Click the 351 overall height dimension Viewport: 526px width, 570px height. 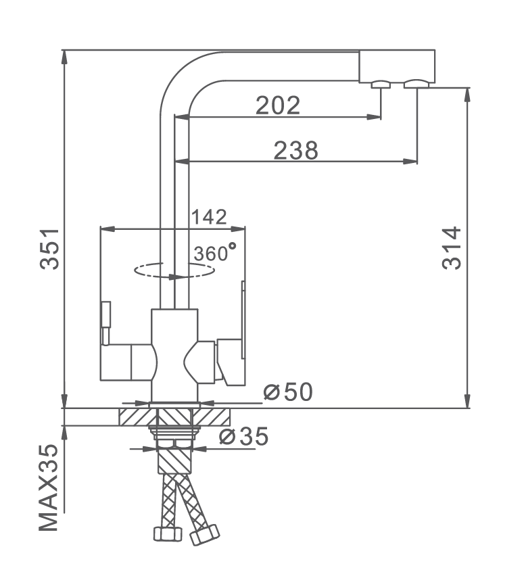49,249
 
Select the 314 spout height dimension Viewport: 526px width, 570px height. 452,248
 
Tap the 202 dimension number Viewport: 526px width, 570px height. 278,105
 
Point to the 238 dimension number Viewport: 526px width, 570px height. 295,150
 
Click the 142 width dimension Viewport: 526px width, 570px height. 209,217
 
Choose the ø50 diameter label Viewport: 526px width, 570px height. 288,391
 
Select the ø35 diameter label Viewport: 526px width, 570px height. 244,436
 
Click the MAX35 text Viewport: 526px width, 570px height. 49,488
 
